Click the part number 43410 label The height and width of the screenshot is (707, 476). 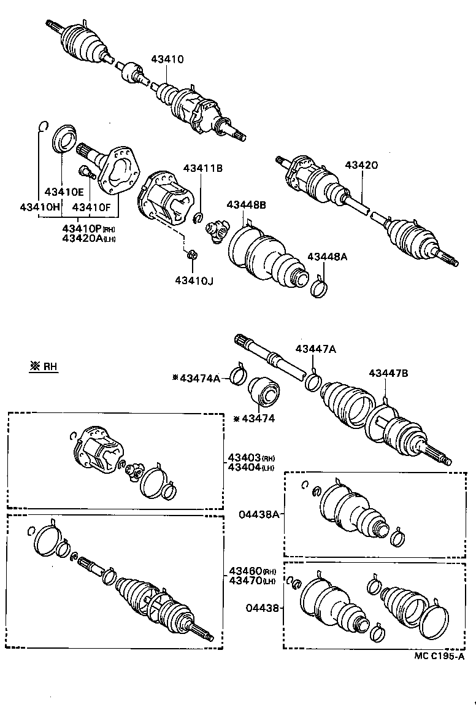pos(167,60)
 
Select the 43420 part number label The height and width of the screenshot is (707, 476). pos(361,165)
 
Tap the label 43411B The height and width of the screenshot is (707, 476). pos(202,168)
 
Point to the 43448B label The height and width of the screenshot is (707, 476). pos(247,205)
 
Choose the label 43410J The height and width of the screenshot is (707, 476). pos(194,280)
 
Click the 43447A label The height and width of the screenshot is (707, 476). pos(316,349)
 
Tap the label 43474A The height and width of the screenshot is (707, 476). pos(199,379)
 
